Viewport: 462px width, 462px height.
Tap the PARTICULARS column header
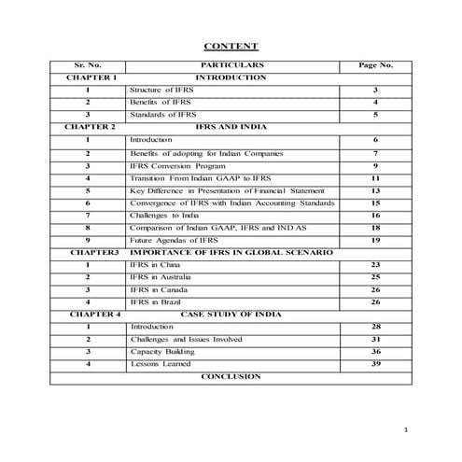pos(231,65)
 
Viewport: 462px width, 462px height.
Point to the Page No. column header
pos(375,65)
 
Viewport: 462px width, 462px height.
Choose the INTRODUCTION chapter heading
pos(231,77)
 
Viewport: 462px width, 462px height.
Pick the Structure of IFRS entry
pos(163,89)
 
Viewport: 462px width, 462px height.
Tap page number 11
pos(375,177)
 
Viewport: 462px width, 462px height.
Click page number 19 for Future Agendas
pos(375,240)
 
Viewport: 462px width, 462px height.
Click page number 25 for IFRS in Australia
pos(375,277)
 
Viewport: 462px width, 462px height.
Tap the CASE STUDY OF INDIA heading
pos(231,315)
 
